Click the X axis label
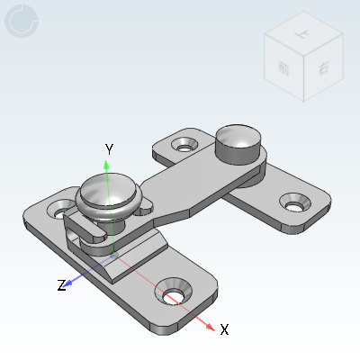[x=224, y=329]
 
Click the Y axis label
[x=108, y=148]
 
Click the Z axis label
[x=61, y=285]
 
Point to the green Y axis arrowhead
[x=107, y=165]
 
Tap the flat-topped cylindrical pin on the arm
[x=238, y=141]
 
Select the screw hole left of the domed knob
[x=61, y=212]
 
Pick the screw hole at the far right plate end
[x=294, y=203]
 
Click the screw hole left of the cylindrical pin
[x=184, y=144]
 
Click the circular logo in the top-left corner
[x=22, y=22]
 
